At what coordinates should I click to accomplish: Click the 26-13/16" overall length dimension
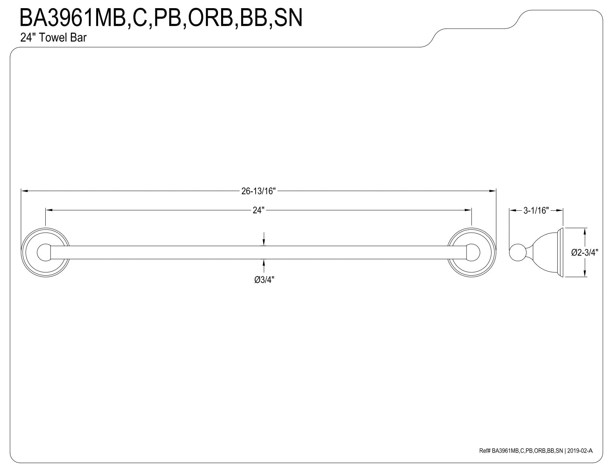coord(259,191)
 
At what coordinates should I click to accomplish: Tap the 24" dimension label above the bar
coord(259,210)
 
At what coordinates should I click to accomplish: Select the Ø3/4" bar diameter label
coord(264,280)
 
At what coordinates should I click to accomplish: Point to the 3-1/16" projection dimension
coord(536,210)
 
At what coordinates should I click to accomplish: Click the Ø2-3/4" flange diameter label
coord(584,252)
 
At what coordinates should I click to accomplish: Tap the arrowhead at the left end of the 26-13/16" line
coord(24,191)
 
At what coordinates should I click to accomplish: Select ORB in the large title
coord(210,18)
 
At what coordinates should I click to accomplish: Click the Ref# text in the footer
coord(485,459)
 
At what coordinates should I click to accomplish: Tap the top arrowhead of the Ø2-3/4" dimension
coord(585,231)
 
